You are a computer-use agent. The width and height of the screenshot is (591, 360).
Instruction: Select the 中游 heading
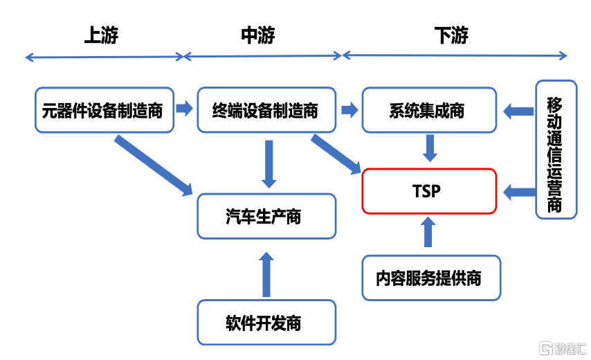259,35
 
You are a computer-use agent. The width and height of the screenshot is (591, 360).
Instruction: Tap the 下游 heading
451,35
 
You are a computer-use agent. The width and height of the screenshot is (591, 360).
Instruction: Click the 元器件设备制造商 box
102,109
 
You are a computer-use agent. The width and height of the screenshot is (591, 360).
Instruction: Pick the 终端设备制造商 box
266,109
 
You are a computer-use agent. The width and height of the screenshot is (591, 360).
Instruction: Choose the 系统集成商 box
429,109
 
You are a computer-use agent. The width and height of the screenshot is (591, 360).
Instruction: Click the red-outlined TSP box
429,190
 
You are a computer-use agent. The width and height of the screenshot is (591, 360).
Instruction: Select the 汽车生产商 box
266,216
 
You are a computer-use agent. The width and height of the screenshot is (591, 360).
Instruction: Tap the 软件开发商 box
266,322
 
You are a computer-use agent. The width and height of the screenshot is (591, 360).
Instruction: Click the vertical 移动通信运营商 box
556,149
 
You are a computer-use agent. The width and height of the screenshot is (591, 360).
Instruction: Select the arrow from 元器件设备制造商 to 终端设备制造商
184,109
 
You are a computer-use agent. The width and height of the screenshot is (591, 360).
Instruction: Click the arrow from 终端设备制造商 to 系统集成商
349,109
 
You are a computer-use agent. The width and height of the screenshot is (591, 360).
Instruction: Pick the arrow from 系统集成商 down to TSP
429,147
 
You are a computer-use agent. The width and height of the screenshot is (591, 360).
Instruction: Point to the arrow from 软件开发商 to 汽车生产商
266,274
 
